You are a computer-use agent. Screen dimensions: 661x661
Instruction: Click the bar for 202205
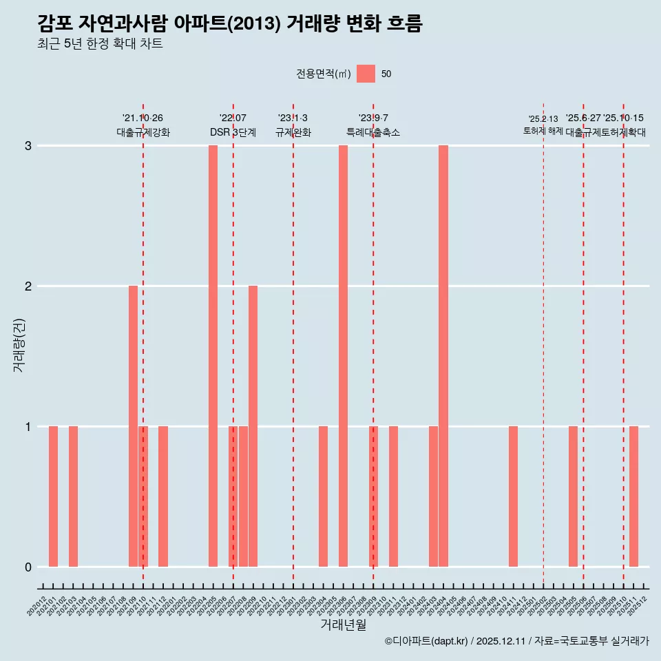pos(213,356)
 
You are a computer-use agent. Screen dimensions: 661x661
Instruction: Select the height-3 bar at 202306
pos(343,356)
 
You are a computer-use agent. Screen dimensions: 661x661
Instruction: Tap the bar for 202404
pos(443,356)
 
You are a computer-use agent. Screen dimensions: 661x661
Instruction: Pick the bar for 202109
pos(133,426)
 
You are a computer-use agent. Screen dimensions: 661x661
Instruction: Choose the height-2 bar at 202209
pos(253,426)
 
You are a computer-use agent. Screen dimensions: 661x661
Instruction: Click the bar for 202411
pos(513,496)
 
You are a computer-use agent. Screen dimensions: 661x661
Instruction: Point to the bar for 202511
pos(633,496)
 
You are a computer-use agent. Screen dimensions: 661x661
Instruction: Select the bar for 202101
pos(53,496)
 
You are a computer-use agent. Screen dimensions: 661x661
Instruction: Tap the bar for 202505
pos(573,496)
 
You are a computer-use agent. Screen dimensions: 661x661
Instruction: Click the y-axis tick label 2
pos(28,286)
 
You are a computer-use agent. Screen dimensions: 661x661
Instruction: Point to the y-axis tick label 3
pos(28,145)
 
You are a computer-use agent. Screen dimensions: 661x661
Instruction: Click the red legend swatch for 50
pos(366,74)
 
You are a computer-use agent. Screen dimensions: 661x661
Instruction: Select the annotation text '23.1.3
pos(293,118)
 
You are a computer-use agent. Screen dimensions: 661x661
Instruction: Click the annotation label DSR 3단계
pos(233,132)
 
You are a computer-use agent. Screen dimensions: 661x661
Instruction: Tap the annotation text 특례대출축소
pos(373,132)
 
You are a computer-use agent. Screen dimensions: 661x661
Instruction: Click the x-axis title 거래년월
pos(343,625)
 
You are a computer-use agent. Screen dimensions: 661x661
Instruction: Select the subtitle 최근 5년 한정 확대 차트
pos(101,44)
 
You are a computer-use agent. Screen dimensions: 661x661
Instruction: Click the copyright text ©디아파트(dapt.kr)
pos(427,641)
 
